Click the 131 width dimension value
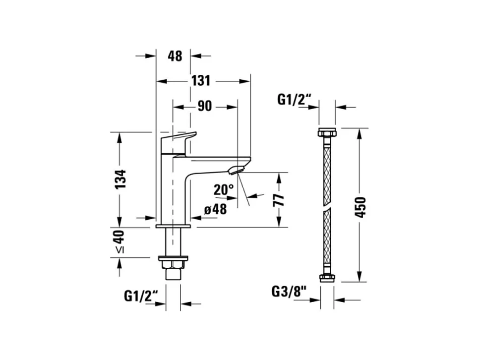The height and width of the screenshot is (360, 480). [201, 81]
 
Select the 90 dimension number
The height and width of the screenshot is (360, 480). [204, 106]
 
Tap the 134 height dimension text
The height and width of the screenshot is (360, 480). [120, 179]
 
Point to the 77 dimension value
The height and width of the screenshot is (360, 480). [279, 200]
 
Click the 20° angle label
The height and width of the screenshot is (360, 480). [224, 190]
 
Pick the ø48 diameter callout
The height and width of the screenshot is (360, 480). [216, 209]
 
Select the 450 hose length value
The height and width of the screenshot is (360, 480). [360, 208]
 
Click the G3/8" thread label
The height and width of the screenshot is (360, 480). [289, 292]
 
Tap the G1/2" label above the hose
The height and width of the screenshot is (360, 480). [294, 100]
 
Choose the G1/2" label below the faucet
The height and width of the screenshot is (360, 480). [141, 296]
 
